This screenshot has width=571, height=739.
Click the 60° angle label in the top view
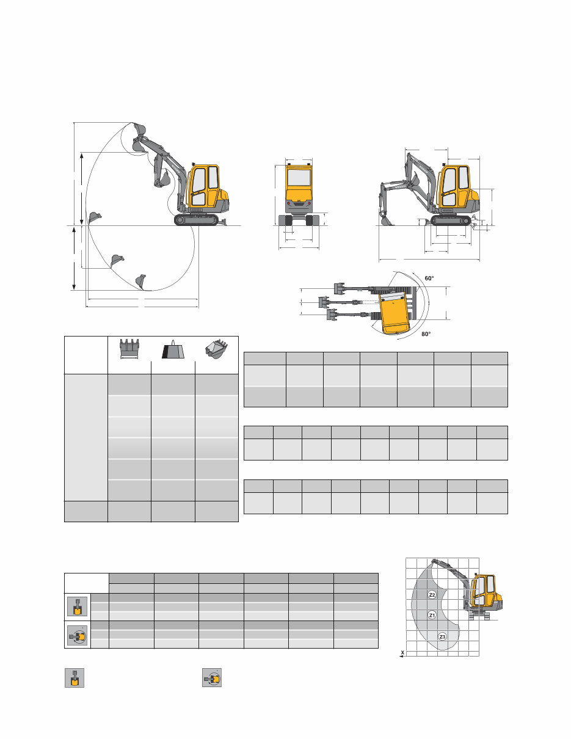tap(429, 278)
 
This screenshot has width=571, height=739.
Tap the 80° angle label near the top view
tap(426, 334)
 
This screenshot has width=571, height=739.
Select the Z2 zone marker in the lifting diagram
tap(432, 595)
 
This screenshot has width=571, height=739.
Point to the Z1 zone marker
tap(432, 615)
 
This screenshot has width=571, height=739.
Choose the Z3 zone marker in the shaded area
tap(443, 636)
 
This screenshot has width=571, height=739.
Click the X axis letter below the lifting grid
tap(402, 653)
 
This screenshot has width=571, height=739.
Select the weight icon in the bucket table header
tap(173, 349)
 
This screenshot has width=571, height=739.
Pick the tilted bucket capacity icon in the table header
tap(216, 349)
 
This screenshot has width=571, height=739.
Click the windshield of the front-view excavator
tap(299, 178)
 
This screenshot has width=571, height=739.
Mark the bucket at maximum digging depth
tap(142, 281)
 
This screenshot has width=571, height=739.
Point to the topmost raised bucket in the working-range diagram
tap(139, 130)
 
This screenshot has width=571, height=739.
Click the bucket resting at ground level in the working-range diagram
tap(95, 217)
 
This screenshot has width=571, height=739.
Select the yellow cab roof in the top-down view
tap(396, 311)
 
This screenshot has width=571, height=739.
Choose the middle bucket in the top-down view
tap(325, 302)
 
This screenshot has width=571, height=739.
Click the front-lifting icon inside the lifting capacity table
tap(77, 606)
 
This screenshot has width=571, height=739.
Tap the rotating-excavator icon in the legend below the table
tap(212, 678)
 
